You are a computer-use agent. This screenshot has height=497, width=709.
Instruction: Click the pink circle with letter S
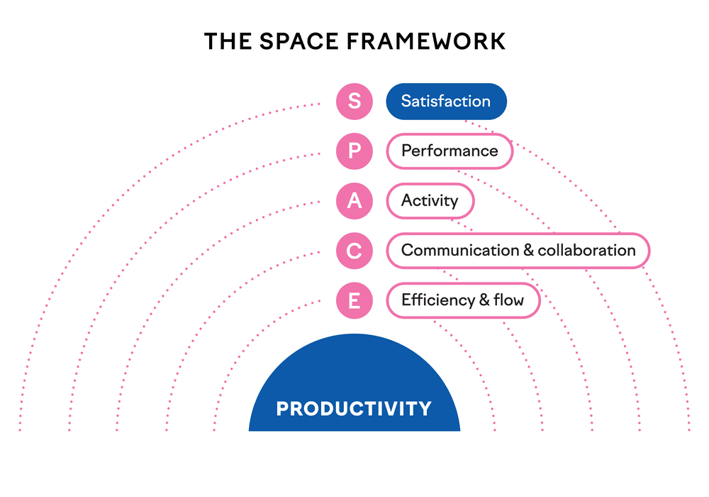[x=354, y=102]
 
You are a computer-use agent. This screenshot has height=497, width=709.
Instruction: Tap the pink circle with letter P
[x=354, y=151]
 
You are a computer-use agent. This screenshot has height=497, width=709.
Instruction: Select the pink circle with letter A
[x=354, y=201]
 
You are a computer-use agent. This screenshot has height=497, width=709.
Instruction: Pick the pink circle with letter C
[x=354, y=251]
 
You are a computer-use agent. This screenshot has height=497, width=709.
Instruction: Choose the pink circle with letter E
[x=354, y=300]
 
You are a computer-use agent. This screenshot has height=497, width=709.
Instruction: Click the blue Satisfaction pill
[x=446, y=102]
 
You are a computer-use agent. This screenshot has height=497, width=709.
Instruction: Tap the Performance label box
[x=450, y=151]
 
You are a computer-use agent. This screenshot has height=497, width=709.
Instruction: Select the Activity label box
[x=430, y=201]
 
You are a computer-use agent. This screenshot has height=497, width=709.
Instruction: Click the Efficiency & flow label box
[x=464, y=300]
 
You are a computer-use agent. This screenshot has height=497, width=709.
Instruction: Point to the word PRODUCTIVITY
[x=354, y=409]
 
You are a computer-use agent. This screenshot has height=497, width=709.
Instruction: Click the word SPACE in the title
[x=299, y=41]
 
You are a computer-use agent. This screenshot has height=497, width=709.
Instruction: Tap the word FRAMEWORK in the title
[x=426, y=41]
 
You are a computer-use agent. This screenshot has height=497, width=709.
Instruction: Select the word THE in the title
[x=228, y=41]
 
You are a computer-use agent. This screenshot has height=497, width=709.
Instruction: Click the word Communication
[x=460, y=251]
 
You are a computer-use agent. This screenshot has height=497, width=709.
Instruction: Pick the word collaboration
[x=586, y=251]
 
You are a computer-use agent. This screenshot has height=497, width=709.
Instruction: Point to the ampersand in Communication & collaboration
[x=528, y=251]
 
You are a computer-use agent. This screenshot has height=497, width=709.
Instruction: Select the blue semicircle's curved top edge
[x=354, y=334]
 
